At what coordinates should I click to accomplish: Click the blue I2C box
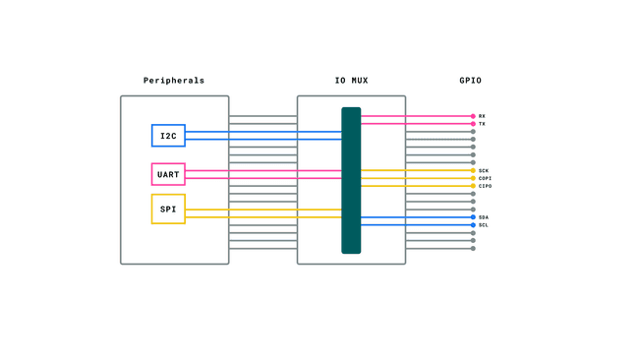click(168, 136)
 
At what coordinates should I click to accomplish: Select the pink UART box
click(168, 174)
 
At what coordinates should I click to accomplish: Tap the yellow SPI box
click(168, 209)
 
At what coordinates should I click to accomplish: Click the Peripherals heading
click(174, 81)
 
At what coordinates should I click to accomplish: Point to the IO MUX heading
click(351, 81)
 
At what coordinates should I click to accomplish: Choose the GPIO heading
click(470, 81)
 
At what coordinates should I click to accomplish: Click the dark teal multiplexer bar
click(351, 180)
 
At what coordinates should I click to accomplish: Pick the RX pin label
click(482, 116)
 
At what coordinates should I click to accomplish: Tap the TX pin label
click(482, 124)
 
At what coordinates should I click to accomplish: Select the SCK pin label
click(484, 170)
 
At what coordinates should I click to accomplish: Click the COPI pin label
click(485, 178)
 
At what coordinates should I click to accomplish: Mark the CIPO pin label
click(485, 186)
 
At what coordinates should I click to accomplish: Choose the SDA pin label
click(484, 217)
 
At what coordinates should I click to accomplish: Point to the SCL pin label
click(484, 225)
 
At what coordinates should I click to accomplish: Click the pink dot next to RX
click(473, 116)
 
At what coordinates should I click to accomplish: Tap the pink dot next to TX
click(473, 124)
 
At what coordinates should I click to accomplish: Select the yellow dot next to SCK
click(473, 170)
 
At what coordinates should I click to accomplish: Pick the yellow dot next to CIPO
click(473, 186)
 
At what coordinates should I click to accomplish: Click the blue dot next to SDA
click(473, 217)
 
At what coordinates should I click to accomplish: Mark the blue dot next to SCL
click(473, 225)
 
